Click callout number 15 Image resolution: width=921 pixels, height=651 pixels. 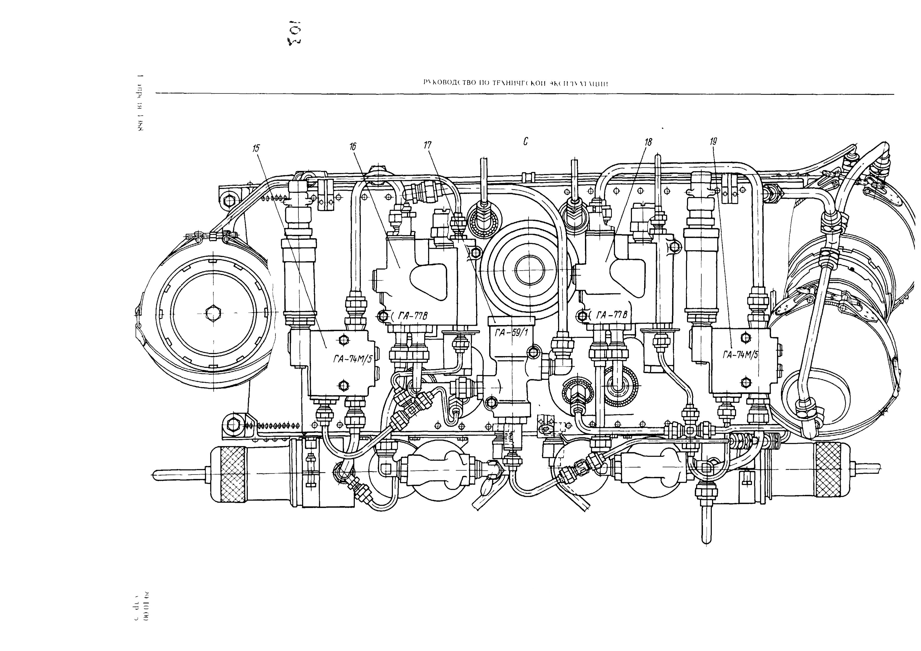(x=256, y=148)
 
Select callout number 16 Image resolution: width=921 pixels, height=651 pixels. (x=352, y=146)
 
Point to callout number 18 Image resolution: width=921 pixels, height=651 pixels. (x=648, y=142)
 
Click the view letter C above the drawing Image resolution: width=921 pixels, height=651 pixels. (x=525, y=141)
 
